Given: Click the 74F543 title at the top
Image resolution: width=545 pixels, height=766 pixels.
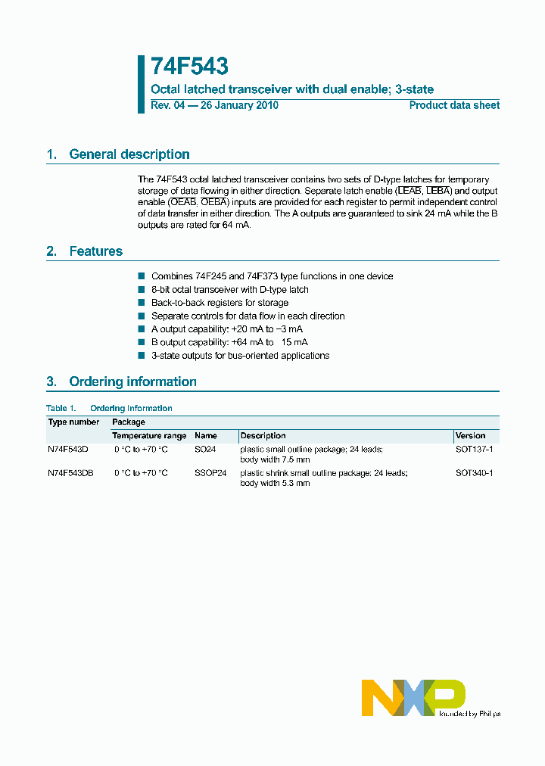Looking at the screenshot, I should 189,67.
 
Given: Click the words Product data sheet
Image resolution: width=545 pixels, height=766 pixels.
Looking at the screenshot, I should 454,105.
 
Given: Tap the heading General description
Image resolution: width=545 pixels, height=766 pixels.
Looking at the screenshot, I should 129,154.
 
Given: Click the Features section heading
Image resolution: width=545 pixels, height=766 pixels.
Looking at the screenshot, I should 95,251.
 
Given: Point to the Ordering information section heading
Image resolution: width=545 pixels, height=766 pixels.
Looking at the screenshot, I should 132,381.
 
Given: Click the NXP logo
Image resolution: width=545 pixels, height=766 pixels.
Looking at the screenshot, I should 413,697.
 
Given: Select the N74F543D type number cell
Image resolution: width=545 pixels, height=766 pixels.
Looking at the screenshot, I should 68,450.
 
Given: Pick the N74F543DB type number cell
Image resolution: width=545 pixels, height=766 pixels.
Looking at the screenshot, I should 70,473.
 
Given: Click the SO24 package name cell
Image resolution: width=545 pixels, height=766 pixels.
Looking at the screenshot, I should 205,450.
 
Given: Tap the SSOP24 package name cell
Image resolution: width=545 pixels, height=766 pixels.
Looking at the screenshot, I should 210,473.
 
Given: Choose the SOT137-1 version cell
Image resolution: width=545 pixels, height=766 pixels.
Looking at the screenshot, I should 474,450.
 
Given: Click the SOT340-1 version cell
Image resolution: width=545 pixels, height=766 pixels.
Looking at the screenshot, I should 474,473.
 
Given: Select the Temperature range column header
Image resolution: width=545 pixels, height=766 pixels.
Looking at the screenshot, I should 149,436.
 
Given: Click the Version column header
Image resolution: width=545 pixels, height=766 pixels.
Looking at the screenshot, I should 470,436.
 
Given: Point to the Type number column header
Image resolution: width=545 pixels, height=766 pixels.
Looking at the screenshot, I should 73,422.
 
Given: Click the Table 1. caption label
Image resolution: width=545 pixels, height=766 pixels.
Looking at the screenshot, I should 61,409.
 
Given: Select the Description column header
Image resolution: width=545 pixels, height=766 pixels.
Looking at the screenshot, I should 263,436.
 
